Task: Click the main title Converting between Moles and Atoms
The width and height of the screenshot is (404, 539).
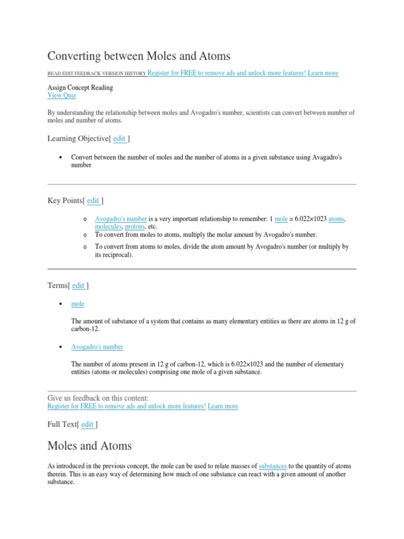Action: click(x=139, y=55)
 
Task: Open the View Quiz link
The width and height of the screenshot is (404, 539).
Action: click(x=62, y=95)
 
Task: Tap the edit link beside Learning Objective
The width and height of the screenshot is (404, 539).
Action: click(x=119, y=138)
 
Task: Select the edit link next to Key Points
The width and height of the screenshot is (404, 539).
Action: click(x=93, y=201)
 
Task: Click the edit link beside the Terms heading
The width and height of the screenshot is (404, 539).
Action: click(x=78, y=285)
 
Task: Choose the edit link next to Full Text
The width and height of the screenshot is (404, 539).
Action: click(x=87, y=424)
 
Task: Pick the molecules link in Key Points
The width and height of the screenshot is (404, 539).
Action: click(x=108, y=226)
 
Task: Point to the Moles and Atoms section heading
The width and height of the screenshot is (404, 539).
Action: click(x=89, y=446)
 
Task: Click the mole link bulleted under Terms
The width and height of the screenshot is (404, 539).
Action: click(x=78, y=304)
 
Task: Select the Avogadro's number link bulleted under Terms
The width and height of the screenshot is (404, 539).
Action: click(x=97, y=347)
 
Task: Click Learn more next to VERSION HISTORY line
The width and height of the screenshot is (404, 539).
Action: click(x=323, y=73)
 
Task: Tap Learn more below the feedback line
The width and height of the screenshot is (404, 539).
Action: click(x=223, y=406)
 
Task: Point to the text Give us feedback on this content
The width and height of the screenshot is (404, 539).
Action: click(x=98, y=398)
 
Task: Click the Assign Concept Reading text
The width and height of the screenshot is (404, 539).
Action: click(x=80, y=87)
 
